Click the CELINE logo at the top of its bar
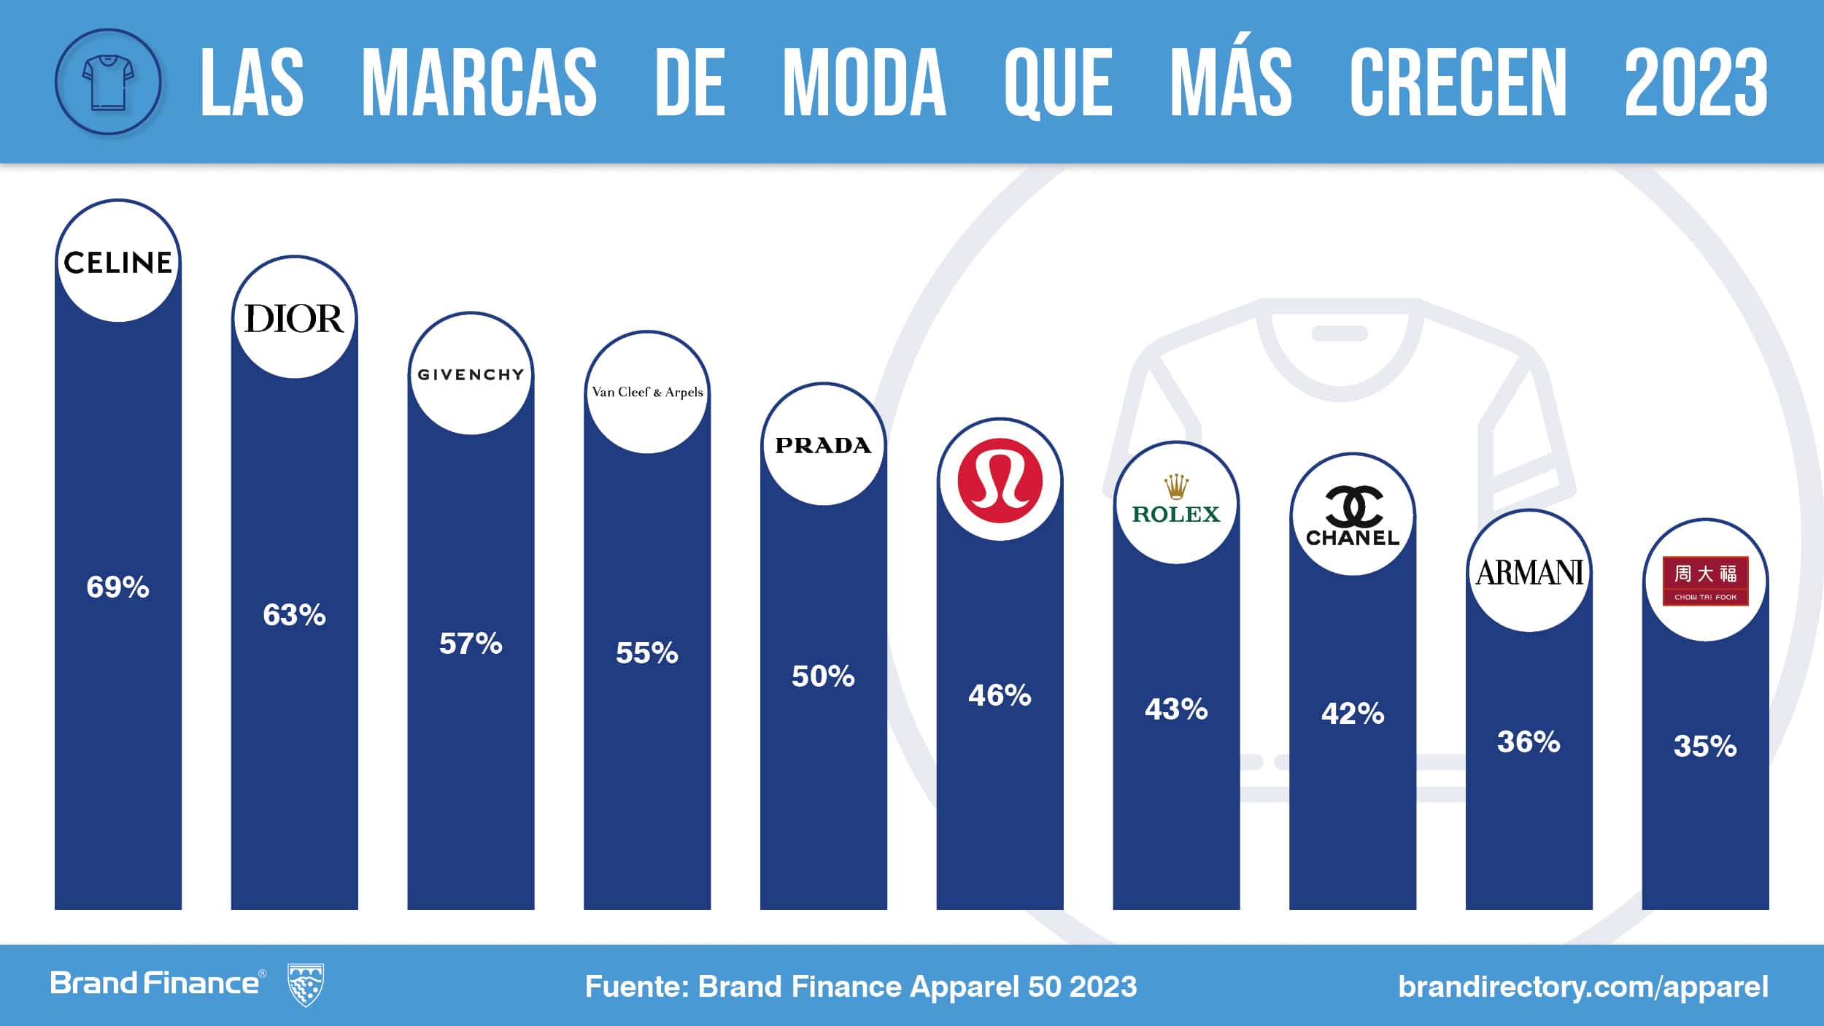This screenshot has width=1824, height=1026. click(x=117, y=262)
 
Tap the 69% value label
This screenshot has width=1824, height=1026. click(x=117, y=587)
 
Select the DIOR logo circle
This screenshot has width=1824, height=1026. click(x=294, y=318)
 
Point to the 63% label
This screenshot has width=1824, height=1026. click(x=294, y=614)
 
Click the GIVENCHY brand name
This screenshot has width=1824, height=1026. click(x=471, y=374)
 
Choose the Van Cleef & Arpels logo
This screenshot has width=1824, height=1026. click(x=647, y=392)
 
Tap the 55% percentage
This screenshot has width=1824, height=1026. click(x=647, y=652)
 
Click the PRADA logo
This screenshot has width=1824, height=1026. click(x=823, y=445)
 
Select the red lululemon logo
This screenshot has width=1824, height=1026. click(x=1000, y=480)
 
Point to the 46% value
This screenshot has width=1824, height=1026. click(x=1000, y=695)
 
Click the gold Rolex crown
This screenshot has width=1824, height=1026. click(x=1176, y=486)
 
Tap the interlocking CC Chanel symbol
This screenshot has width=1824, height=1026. click(x=1353, y=505)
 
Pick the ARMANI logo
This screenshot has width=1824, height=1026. click(x=1529, y=572)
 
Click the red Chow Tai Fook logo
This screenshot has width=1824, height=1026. click(x=1705, y=581)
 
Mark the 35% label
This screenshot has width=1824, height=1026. click(x=1705, y=746)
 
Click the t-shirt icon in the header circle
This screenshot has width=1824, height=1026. click(x=108, y=82)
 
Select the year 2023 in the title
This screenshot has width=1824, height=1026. click(x=1696, y=82)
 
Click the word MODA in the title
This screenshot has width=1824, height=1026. click(x=864, y=82)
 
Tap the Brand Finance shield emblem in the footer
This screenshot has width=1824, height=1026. click(x=306, y=984)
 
